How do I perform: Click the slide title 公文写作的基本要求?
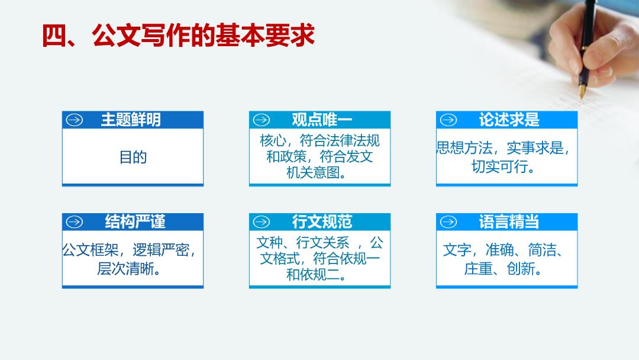204,35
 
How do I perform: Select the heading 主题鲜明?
131,120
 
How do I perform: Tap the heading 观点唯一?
321,120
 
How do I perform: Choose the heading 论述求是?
509,120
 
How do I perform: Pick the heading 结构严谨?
135,222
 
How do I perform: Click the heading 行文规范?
322,222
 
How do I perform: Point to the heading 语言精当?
509,222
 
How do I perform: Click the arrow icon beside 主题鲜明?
75,120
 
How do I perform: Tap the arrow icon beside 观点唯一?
262,120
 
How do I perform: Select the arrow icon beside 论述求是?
448,120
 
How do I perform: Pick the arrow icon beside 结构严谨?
75,222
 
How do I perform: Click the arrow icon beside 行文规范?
262,222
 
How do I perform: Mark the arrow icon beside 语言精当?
448,222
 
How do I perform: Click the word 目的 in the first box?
133,157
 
